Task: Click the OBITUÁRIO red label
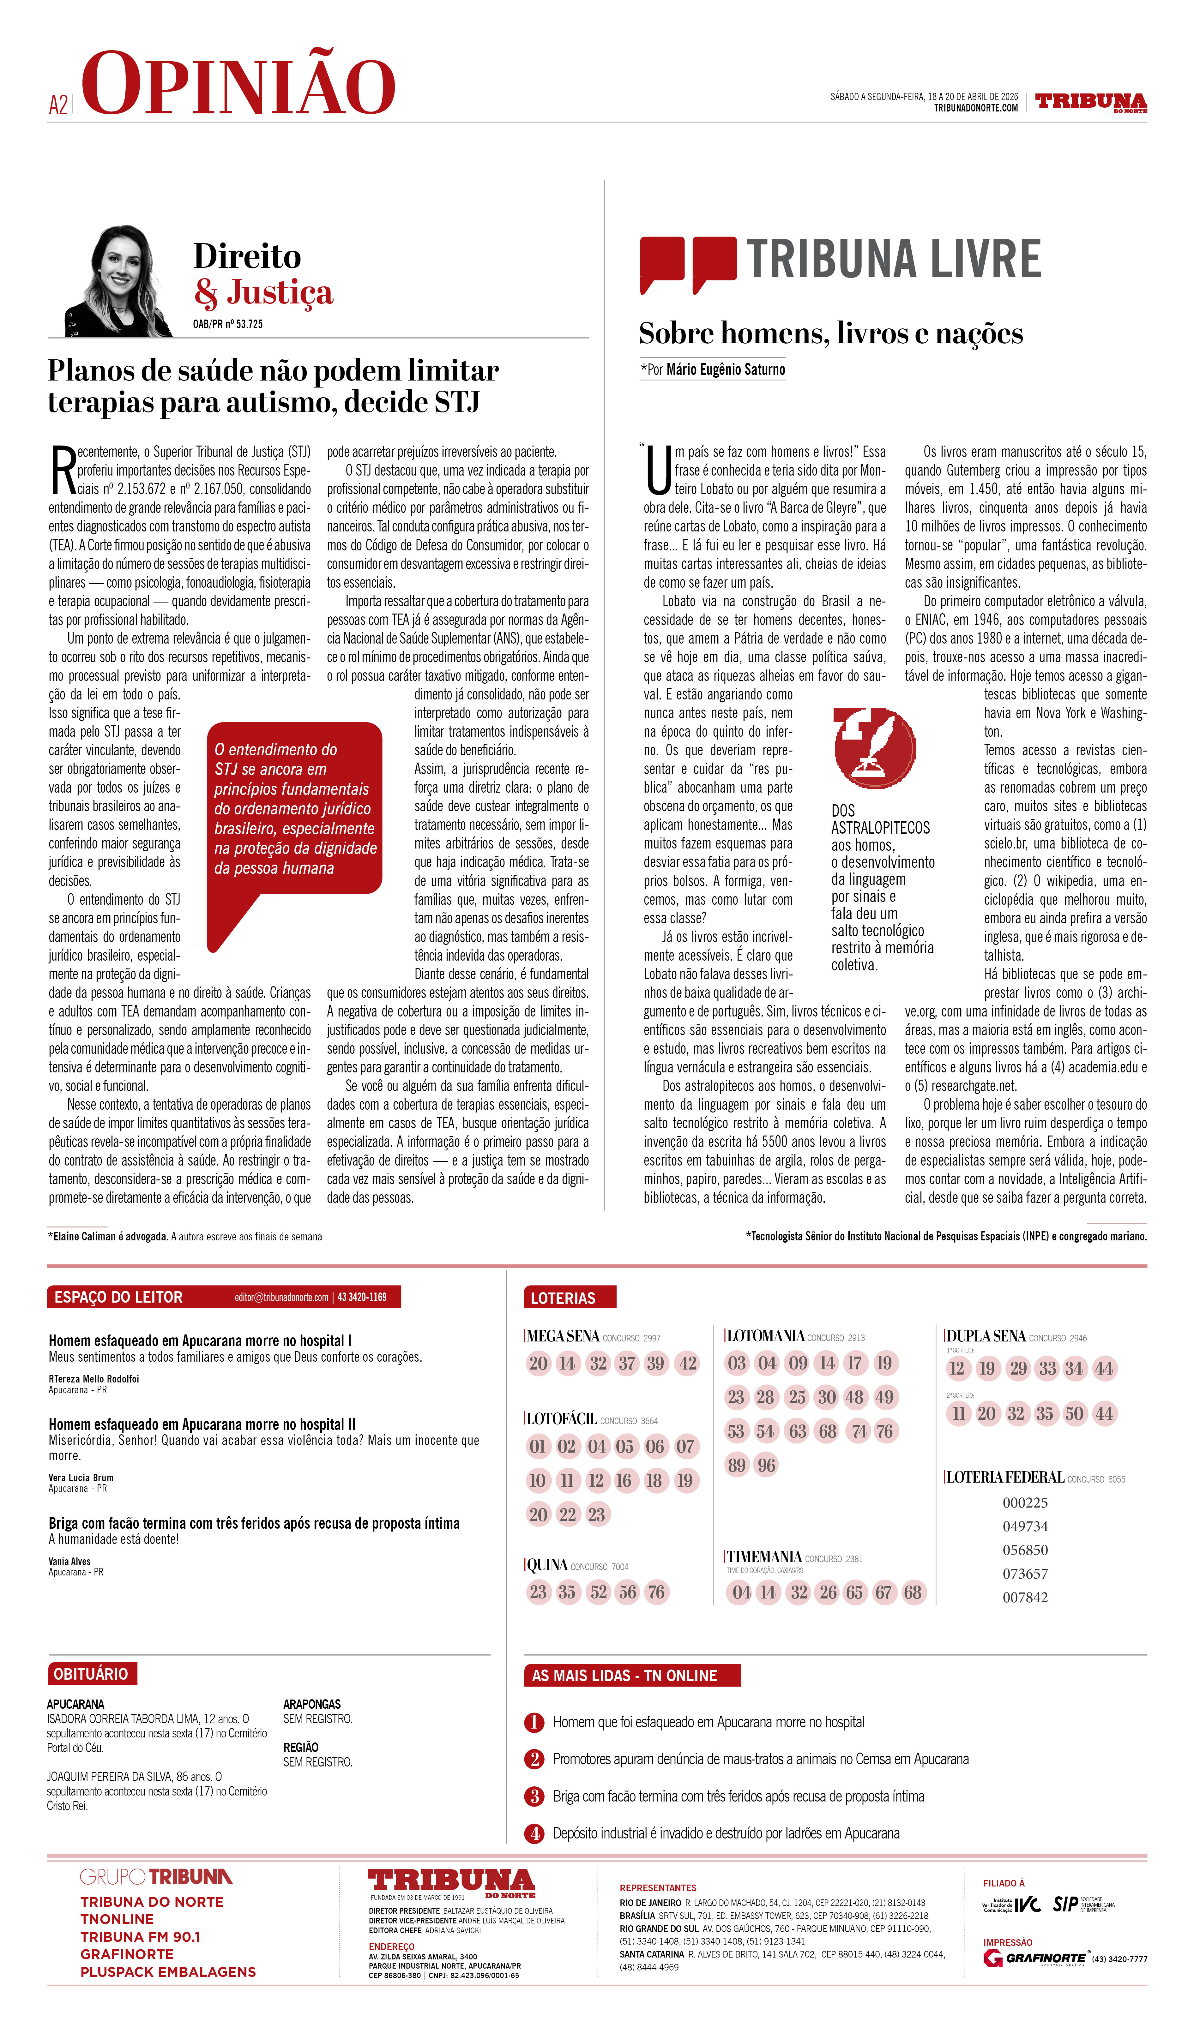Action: pos(91,1673)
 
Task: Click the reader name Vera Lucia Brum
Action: pos(81,1477)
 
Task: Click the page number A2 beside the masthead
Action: pos(58,105)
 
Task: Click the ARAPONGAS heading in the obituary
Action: pos(311,1704)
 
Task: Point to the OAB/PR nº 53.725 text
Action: pos(227,323)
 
